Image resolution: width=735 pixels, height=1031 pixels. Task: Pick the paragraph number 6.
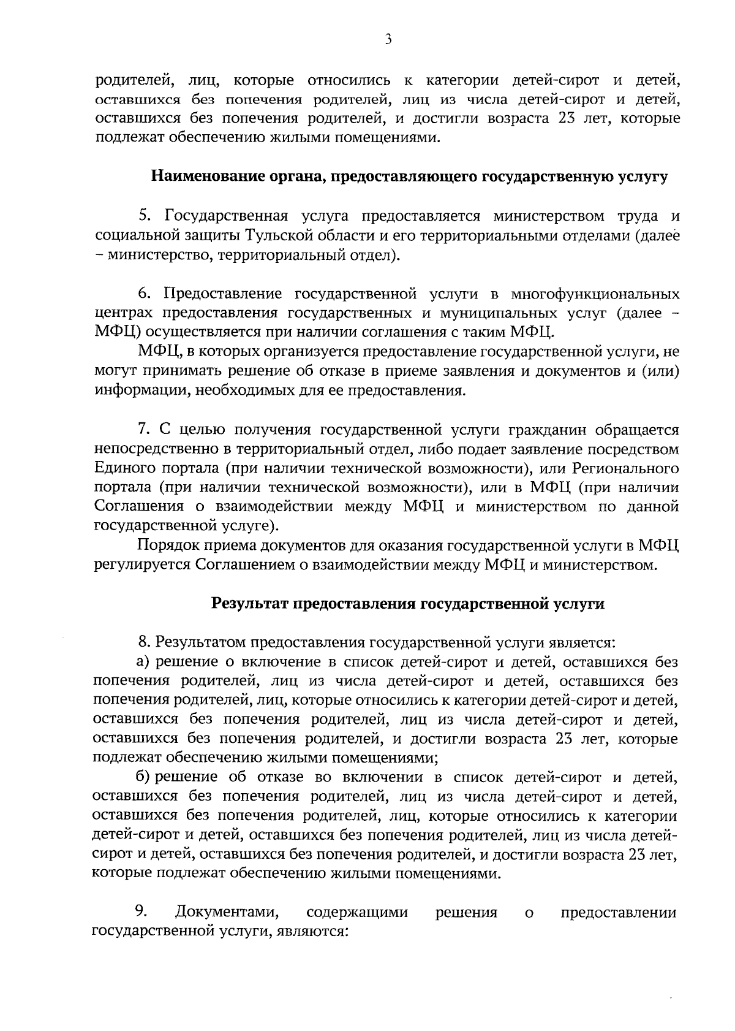[x=144, y=294]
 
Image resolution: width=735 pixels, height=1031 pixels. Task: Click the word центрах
[x=124, y=313]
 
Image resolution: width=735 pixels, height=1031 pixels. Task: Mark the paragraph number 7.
[x=144, y=430]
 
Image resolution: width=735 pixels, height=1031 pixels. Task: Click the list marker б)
[x=144, y=777]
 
